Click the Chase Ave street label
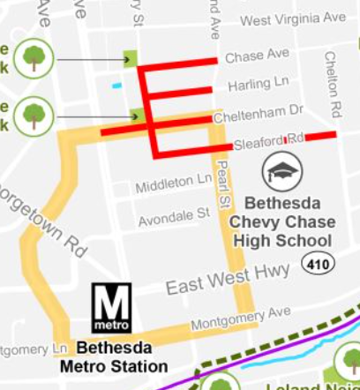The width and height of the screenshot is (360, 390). point(257,56)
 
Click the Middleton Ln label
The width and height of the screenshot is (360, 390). point(174,182)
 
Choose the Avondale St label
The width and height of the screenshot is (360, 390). point(173,214)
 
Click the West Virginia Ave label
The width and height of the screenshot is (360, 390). point(293,18)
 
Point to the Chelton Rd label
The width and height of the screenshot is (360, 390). point(331,84)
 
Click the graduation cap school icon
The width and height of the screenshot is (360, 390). point(285,170)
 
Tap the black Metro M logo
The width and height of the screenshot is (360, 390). point(112,307)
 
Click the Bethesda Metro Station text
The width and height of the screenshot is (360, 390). point(114,356)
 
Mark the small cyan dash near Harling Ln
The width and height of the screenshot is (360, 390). point(116,86)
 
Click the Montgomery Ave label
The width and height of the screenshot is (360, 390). point(240,314)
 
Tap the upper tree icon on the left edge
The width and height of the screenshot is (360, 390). point(34,58)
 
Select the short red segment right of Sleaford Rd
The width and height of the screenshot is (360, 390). point(321,136)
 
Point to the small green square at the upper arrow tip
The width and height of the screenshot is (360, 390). point(131,59)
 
